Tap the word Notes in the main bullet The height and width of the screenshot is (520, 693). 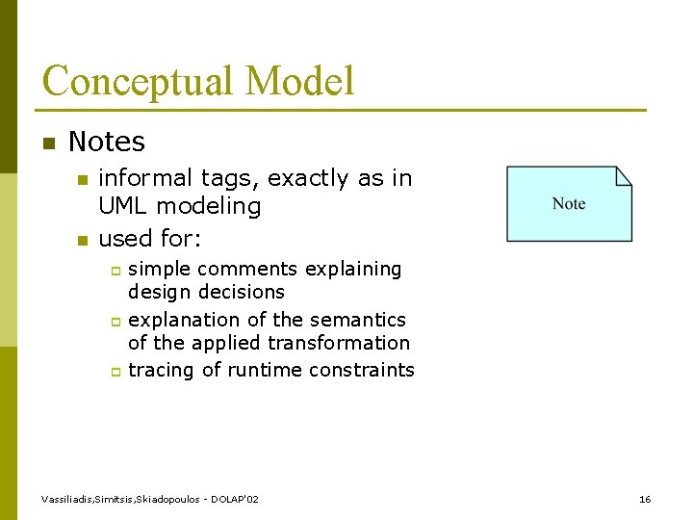click(x=107, y=143)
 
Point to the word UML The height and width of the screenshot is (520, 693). click(x=124, y=206)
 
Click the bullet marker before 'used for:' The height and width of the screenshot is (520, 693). click(x=82, y=240)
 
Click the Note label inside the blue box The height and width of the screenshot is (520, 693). click(x=569, y=203)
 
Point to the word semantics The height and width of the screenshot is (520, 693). click(x=358, y=320)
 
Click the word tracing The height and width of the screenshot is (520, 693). click(x=161, y=371)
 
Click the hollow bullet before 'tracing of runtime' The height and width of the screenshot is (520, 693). click(x=114, y=372)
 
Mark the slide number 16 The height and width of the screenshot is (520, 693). click(x=645, y=499)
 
